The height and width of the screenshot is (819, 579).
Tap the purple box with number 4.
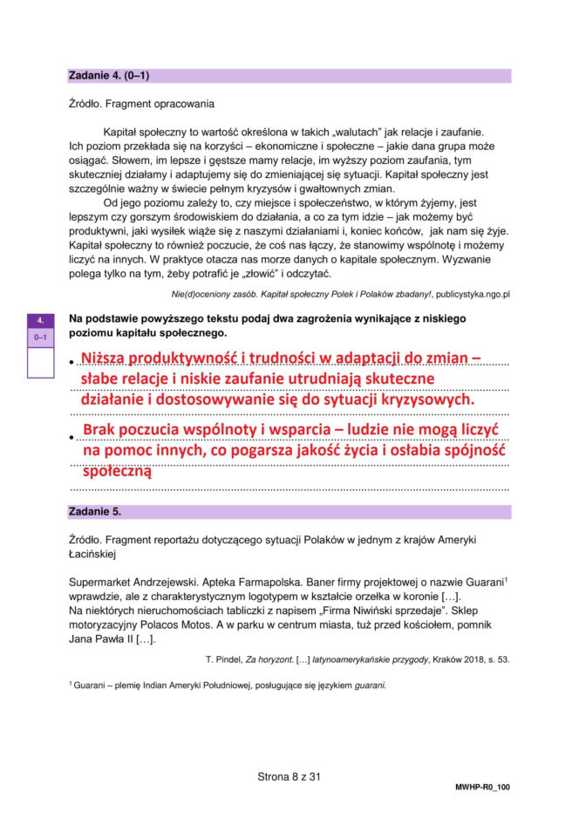click(x=40, y=320)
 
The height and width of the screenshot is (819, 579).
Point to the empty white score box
click(x=40, y=361)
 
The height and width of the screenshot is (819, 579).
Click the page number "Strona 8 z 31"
click(x=289, y=776)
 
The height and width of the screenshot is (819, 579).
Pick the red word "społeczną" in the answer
click(x=117, y=472)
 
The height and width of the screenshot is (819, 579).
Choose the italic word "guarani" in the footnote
click(x=364, y=685)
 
